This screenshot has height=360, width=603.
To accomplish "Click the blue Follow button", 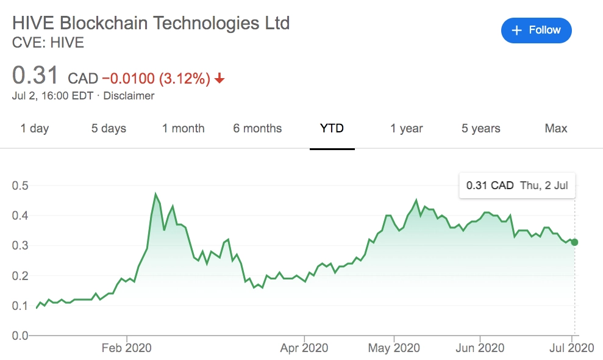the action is (x=536, y=31).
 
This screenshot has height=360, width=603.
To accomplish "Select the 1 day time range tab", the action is (x=35, y=129).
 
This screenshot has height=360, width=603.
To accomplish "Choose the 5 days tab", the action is (x=109, y=129).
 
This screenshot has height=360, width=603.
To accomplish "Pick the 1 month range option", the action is (x=184, y=129).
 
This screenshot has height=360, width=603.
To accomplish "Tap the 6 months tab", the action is (x=257, y=129).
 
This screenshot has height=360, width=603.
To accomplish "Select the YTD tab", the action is (x=332, y=128).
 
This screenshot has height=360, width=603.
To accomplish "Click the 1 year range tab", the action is (x=407, y=129).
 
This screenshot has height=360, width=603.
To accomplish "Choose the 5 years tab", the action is (x=480, y=129).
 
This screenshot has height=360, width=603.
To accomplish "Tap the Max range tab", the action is (x=556, y=128).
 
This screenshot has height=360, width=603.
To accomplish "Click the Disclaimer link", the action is (x=129, y=96).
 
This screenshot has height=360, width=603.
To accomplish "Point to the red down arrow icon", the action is (x=219, y=79).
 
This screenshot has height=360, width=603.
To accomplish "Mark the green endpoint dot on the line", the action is (x=574, y=242).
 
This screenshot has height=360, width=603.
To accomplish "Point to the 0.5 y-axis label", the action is (x=20, y=185).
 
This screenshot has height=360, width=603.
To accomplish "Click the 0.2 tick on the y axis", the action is (x=20, y=276).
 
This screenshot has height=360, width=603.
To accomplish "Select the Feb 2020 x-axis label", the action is (x=127, y=348).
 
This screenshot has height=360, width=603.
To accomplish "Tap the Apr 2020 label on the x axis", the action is (x=304, y=348).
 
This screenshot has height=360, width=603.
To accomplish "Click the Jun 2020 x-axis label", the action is (x=480, y=348).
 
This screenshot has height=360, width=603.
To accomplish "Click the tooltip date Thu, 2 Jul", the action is (x=544, y=185).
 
